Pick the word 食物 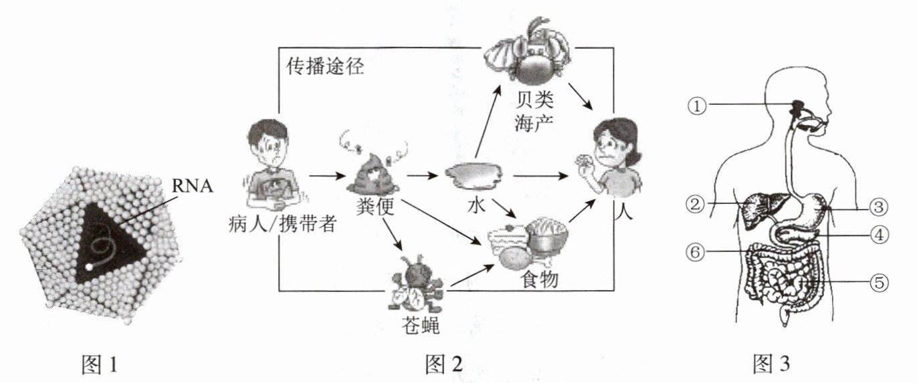(538, 281)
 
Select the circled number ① (698, 105)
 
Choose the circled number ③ (879, 207)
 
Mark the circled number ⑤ (879, 283)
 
